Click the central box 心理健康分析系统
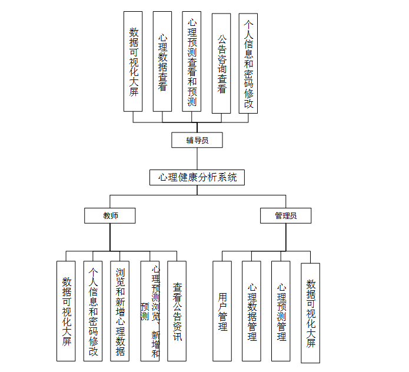197,177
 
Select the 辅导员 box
197,140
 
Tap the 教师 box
110,215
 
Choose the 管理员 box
286,215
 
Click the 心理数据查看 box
162,61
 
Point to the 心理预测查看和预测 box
192,61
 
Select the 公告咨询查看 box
221,63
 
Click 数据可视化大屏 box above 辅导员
133,61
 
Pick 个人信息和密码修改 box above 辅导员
248,63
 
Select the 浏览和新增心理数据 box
120,311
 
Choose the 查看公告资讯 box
177,311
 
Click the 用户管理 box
222,311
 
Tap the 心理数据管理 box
251,311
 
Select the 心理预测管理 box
281,311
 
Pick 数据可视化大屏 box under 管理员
310,312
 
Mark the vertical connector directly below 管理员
286,237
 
